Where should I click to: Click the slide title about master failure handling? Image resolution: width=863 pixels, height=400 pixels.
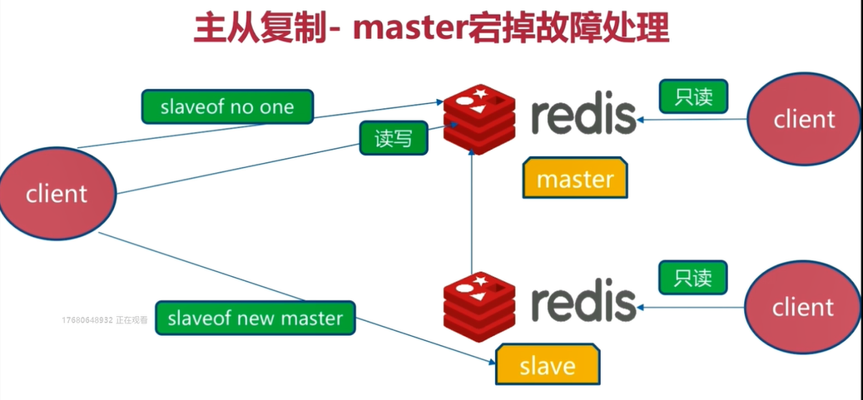tap(431, 28)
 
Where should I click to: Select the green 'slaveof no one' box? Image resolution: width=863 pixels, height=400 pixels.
tap(227, 106)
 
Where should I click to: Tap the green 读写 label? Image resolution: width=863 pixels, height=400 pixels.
tap(394, 138)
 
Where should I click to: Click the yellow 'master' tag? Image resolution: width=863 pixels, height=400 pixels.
tap(575, 178)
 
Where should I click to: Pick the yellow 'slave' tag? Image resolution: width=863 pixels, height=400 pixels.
tap(547, 365)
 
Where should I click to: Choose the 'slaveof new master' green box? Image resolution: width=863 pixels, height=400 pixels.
tap(255, 318)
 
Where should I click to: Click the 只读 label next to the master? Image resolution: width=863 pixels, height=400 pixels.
tap(693, 96)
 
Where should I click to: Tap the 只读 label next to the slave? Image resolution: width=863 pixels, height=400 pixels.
tap(693, 278)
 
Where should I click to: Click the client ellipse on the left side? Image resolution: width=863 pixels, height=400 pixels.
tap(57, 193)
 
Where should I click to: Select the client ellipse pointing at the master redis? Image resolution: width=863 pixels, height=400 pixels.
tap(804, 119)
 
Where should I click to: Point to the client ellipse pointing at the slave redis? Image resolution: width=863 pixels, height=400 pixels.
tap(802, 307)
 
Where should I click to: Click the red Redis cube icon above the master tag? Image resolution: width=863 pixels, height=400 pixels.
tap(479, 120)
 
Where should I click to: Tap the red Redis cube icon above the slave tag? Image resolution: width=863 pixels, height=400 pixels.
tap(479, 307)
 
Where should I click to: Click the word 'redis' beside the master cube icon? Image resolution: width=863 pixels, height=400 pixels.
tap(583, 116)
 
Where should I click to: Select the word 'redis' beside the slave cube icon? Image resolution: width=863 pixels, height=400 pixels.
tap(583, 304)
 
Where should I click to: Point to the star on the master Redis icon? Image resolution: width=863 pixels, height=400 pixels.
tap(480, 93)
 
